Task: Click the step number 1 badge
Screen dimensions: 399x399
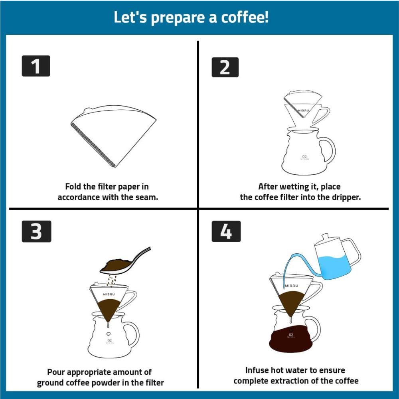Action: (36, 66)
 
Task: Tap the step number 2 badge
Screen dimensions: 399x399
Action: (225, 67)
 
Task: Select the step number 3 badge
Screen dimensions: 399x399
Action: (36, 231)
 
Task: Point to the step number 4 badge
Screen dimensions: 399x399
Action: (226, 231)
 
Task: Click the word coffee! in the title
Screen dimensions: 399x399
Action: (245, 17)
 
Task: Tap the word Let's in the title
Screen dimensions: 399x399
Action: (130, 17)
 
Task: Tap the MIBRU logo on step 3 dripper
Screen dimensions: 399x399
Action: (109, 294)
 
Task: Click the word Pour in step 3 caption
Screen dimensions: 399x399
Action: (56, 372)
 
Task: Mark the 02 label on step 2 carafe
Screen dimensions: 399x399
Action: (304, 156)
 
